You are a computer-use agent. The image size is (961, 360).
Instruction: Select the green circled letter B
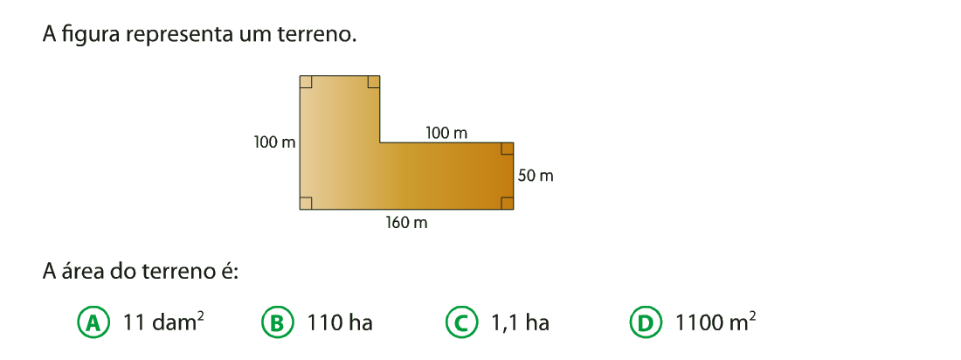pos(277,323)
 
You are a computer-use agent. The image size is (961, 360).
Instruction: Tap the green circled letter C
pos(461,323)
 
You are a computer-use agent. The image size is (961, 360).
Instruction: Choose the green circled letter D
pos(646,323)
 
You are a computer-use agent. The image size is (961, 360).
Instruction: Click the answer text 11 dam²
pos(163,322)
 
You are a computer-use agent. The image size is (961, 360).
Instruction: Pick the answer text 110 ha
pos(341,322)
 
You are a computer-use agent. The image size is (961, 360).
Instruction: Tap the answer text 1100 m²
pos(716,322)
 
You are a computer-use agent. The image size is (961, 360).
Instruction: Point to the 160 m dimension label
pos(407,223)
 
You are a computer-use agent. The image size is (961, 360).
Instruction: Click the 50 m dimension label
pos(536,176)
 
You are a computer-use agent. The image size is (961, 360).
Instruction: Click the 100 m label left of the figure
pos(275,143)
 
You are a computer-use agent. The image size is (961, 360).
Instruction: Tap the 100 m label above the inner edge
pos(446,133)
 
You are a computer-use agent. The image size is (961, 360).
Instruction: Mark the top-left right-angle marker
pos(306,81)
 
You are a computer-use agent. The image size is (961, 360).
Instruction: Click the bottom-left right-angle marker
pos(306,203)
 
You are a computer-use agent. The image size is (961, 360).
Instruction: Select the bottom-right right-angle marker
pos(507,203)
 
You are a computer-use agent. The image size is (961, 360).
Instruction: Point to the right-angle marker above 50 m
pos(507,149)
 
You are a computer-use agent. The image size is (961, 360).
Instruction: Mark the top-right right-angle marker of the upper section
pos(373,81)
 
